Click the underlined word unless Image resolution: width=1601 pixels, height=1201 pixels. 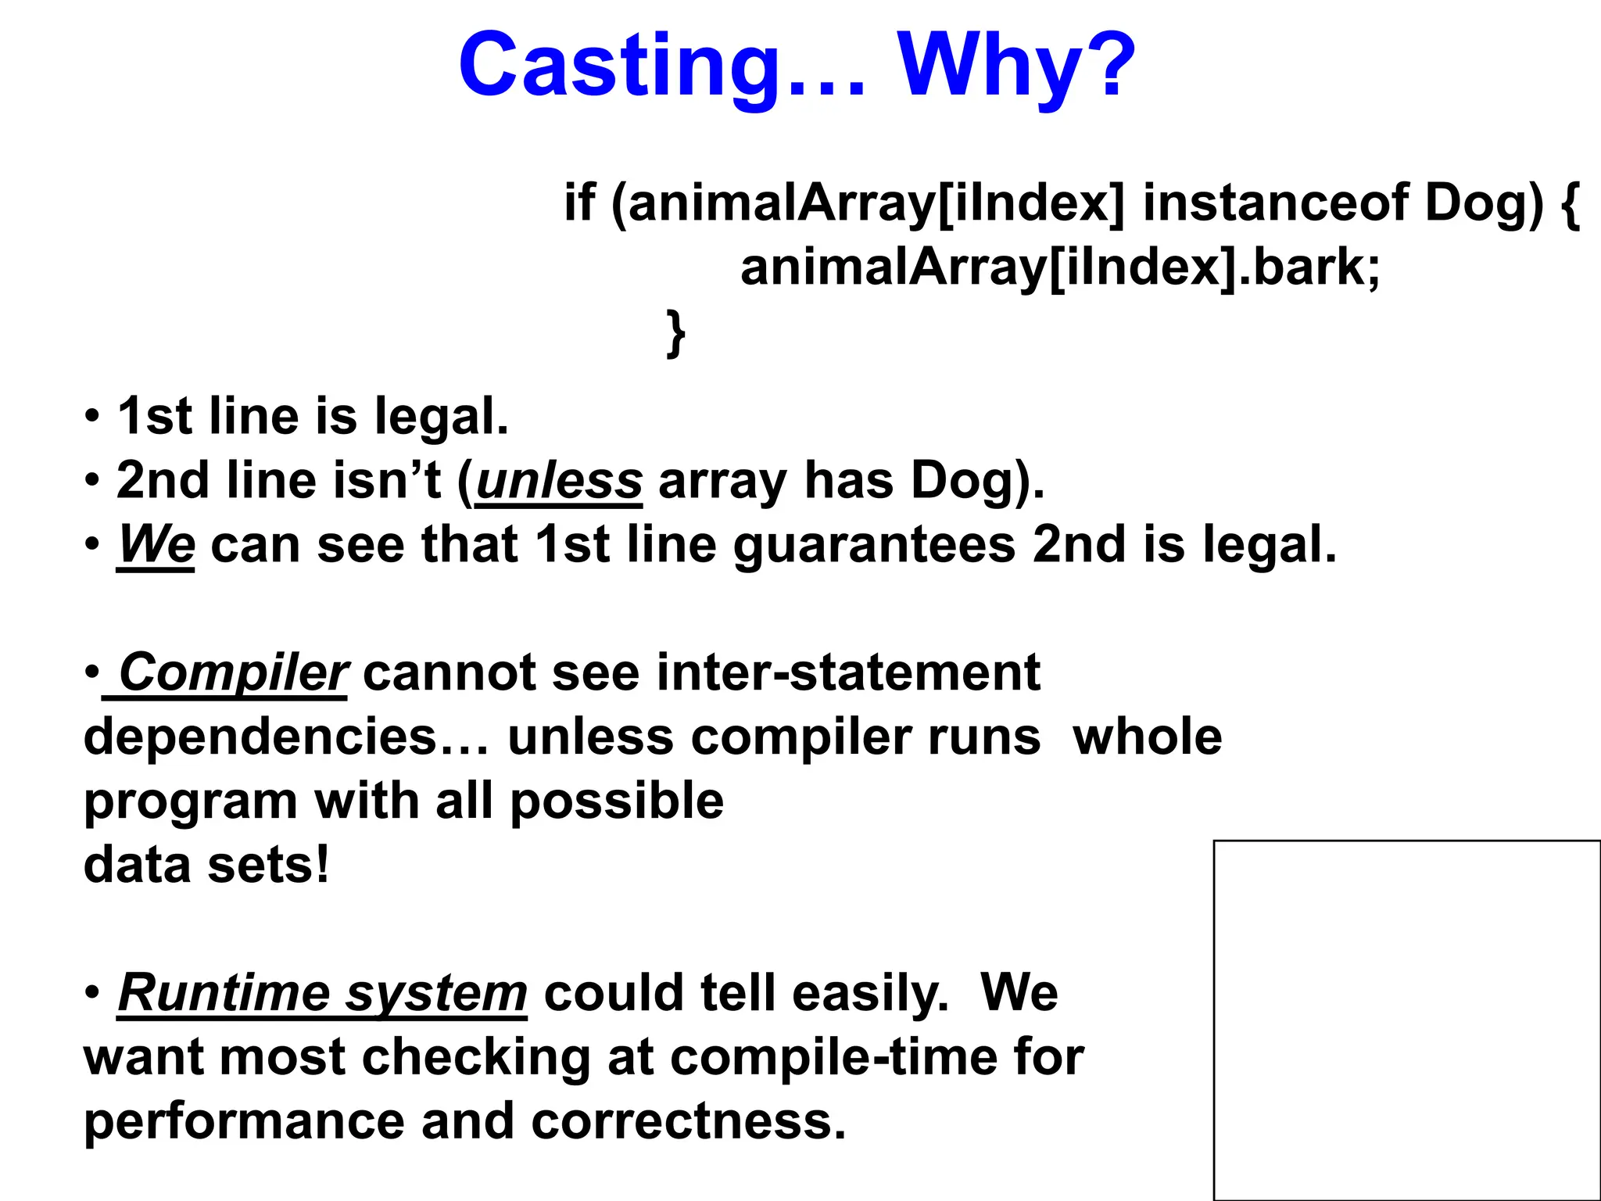coord(559,480)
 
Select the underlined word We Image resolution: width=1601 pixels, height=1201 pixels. coord(156,544)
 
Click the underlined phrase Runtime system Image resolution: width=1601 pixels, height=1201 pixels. coord(322,993)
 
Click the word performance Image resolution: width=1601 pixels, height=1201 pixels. coord(244,1121)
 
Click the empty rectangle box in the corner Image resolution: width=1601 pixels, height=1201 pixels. coord(1406,1020)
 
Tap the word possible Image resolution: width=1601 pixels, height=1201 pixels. coord(617,801)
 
